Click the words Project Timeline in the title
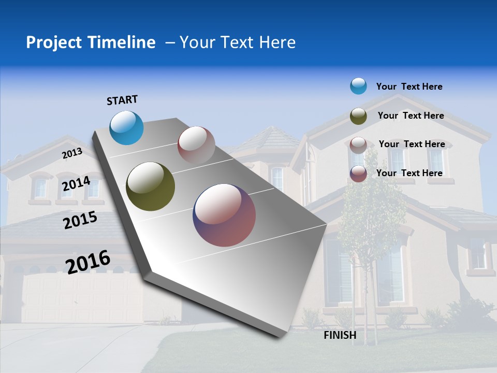(91, 42)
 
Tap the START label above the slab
(122, 100)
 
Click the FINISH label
(340, 335)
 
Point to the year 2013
(72, 153)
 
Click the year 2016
(88, 262)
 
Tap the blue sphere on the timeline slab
(126, 128)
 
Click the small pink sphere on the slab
(196, 145)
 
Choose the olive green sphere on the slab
(150, 187)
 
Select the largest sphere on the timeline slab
(224, 215)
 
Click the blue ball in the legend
(358, 86)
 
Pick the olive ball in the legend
(358, 116)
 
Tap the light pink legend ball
(358, 145)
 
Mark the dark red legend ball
(358, 174)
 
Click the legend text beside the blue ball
(409, 87)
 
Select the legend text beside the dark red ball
(409, 173)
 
